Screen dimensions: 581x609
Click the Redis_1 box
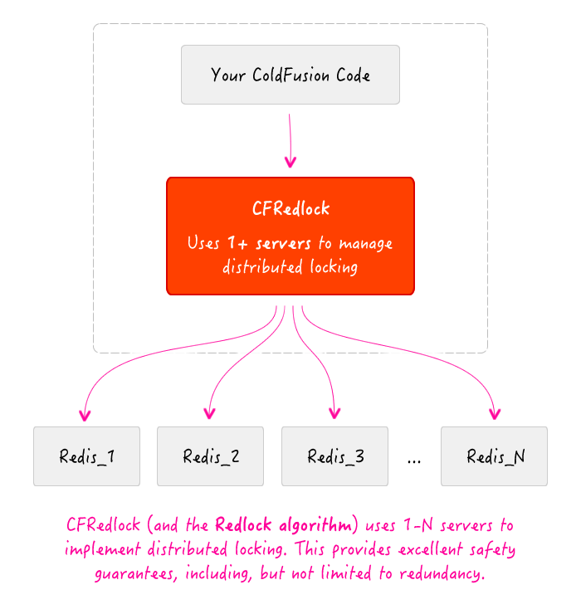pyautogui.click(x=86, y=456)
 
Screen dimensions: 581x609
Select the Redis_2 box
pyautogui.click(x=210, y=456)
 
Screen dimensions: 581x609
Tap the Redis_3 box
pyautogui.click(x=334, y=456)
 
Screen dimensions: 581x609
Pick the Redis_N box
pyautogui.click(x=494, y=456)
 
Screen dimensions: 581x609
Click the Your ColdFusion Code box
pyautogui.click(x=290, y=75)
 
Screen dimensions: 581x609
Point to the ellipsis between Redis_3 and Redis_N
pyautogui.click(x=414, y=461)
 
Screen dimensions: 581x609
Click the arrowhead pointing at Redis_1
pyautogui.click(x=85, y=416)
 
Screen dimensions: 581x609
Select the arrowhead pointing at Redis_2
pyautogui.click(x=209, y=414)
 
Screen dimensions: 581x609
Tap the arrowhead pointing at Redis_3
pyautogui.click(x=334, y=414)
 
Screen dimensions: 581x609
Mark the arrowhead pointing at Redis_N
pyautogui.click(x=495, y=414)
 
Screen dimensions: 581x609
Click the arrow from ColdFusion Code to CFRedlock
pyautogui.click(x=290, y=140)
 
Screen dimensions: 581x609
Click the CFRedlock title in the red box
pyautogui.click(x=290, y=208)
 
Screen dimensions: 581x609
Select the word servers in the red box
pyautogui.click(x=283, y=244)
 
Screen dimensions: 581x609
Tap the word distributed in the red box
pyautogui.click(x=262, y=267)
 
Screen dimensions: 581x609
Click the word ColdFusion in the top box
pyautogui.click(x=290, y=75)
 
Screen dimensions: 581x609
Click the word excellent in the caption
pyautogui.click(x=431, y=549)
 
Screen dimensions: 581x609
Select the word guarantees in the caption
pyautogui.click(x=135, y=574)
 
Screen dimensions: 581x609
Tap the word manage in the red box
pyautogui.click(x=366, y=244)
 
